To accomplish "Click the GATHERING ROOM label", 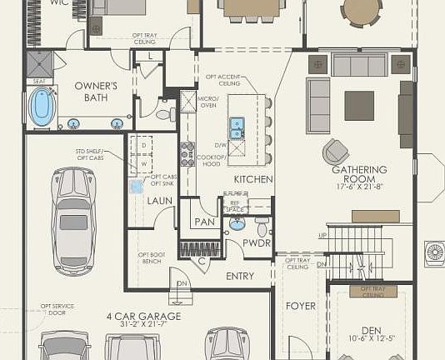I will click(x=359, y=173).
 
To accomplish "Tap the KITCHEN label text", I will click(x=253, y=180).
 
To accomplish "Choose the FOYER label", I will click(x=301, y=306).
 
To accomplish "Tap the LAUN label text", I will click(x=160, y=200).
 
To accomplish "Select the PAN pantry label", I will click(x=204, y=222).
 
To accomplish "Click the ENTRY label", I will click(x=240, y=276).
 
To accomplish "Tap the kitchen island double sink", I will click(x=237, y=127).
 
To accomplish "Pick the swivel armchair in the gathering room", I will click(x=337, y=151).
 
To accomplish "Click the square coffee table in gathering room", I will click(x=359, y=106).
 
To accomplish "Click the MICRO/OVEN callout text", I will click(x=207, y=102).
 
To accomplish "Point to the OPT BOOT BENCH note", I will click(x=151, y=258).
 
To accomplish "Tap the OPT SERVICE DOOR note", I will click(x=58, y=309).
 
